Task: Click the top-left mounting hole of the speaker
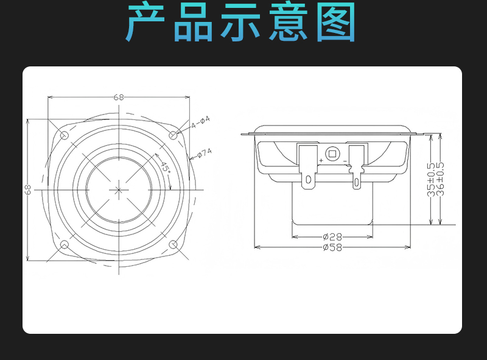(x=65, y=135)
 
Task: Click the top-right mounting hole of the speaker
(x=173, y=135)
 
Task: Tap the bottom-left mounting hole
(x=65, y=245)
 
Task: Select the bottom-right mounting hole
(x=173, y=245)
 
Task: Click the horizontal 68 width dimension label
(x=118, y=97)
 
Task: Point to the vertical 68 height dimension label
(x=28, y=189)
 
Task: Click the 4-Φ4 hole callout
(x=200, y=122)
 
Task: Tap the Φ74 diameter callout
(x=205, y=153)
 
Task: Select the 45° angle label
(x=165, y=168)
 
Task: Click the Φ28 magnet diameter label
(x=332, y=237)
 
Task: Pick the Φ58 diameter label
(x=332, y=247)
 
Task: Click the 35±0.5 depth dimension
(x=431, y=179)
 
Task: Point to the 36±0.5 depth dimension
(x=440, y=179)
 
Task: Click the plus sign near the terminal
(x=321, y=160)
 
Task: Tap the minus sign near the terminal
(x=345, y=161)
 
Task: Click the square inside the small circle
(x=332, y=154)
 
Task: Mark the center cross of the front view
(x=118, y=190)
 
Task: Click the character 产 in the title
(x=145, y=21)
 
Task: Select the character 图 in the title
(x=336, y=21)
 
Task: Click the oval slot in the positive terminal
(x=309, y=179)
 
